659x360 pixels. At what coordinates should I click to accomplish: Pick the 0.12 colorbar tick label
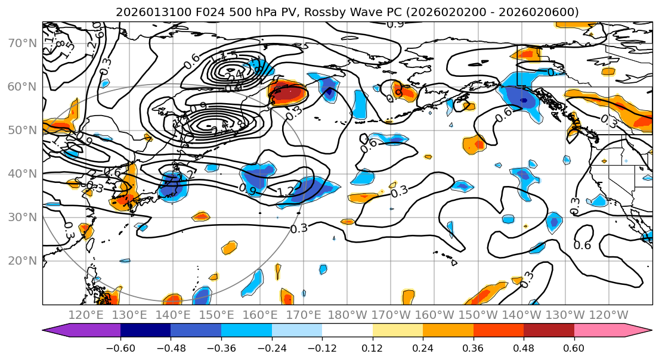372,347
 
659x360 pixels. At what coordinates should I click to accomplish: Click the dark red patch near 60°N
290,93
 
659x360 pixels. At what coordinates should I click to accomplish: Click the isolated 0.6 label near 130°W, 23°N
582,245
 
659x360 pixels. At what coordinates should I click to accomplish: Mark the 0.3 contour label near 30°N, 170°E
299,228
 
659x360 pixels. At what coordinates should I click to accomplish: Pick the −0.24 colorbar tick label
271,347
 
